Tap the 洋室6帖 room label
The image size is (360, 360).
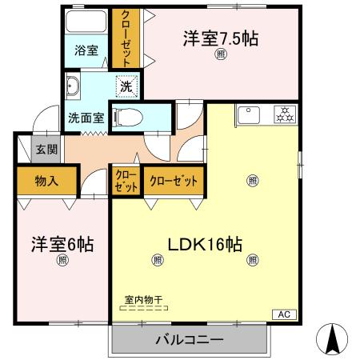coord(62,244)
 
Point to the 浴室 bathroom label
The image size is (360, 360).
coord(87,50)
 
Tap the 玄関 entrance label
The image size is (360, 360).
coord(46,148)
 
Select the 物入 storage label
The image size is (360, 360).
coord(46,181)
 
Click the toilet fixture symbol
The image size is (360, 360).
coord(128,117)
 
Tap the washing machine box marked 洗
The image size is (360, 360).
coord(127,84)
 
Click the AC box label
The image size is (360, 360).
coord(283,314)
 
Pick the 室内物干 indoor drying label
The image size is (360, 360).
coord(145,298)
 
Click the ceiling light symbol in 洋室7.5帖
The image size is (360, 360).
coord(221,54)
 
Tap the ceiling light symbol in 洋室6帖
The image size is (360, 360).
coord(62,261)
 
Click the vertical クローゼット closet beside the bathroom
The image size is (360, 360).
coord(126,38)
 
